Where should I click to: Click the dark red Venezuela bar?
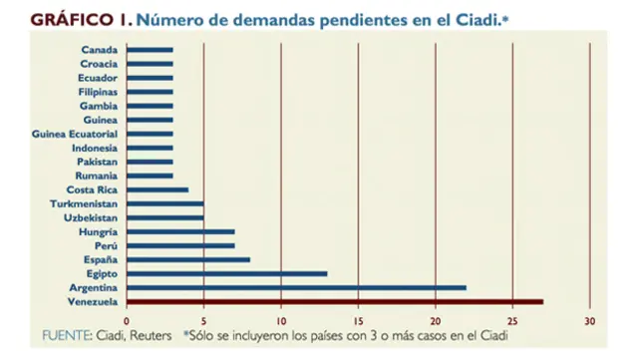[x=334, y=301]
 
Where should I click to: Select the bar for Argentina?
[x=296, y=287]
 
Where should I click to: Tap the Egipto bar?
[x=226, y=273]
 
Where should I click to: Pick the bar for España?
[x=187, y=259]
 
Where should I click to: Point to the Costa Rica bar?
[x=157, y=189]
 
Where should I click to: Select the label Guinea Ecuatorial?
[x=75, y=134]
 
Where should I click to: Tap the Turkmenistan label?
[x=84, y=203]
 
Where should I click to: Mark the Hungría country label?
[x=98, y=231]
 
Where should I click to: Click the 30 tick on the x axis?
[x=590, y=321]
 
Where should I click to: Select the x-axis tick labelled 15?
[x=358, y=321]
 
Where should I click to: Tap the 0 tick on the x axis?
[x=127, y=321]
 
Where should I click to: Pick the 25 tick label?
[x=512, y=321]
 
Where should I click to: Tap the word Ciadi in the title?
[x=452, y=19]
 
